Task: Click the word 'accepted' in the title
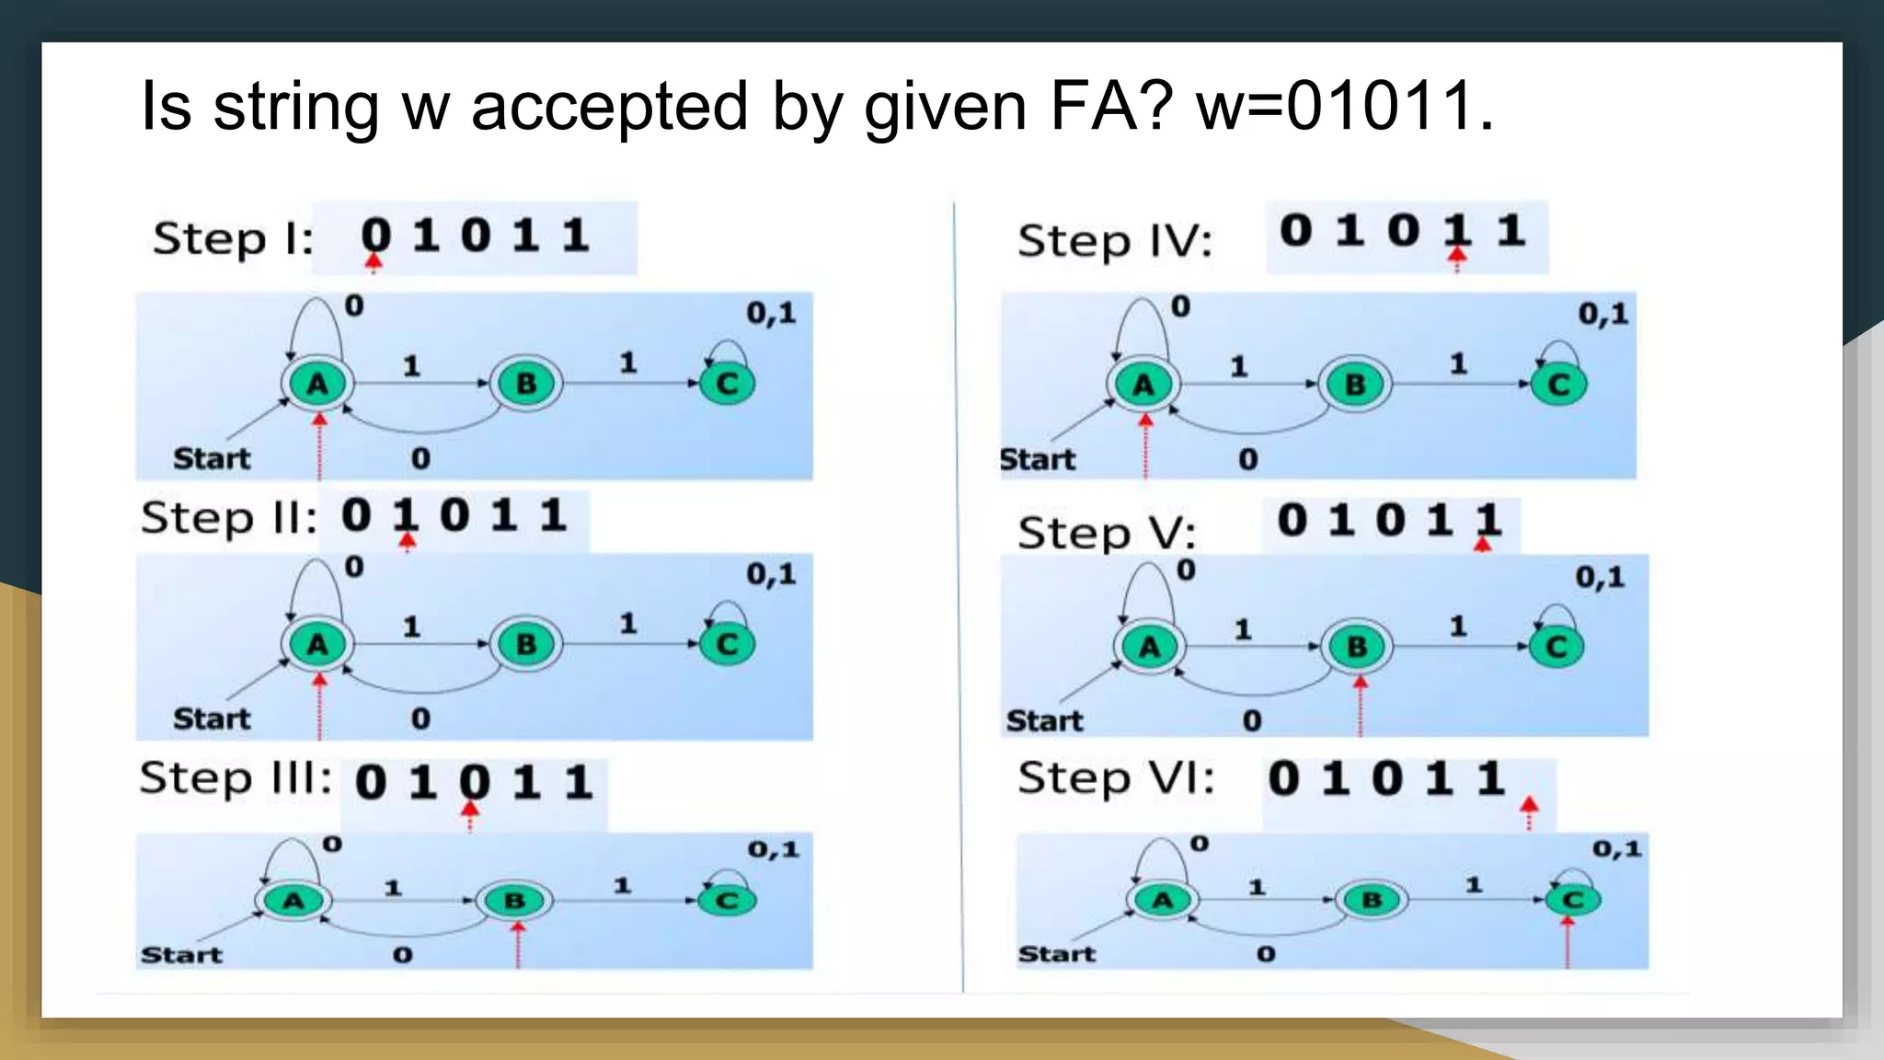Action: (x=609, y=108)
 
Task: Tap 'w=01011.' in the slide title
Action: (x=1344, y=106)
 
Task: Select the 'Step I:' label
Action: (x=233, y=239)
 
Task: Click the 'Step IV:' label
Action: (x=1115, y=242)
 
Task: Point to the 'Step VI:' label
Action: (x=1116, y=778)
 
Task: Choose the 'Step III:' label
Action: (x=235, y=778)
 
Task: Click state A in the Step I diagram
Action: (x=317, y=384)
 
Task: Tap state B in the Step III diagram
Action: (x=514, y=901)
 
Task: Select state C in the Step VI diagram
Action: (x=1573, y=899)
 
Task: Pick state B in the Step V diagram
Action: (x=1357, y=647)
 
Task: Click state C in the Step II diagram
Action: (x=727, y=644)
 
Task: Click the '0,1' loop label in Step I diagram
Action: (x=771, y=313)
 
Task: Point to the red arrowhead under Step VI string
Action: (x=1529, y=807)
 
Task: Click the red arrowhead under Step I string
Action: (x=373, y=262)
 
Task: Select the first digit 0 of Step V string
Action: (x=1292, y=521)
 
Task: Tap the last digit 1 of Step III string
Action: (x=578, y=783)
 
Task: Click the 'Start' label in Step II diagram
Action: (x=212, y=719)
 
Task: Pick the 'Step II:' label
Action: (x=228, y=518)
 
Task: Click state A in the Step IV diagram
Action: (x=1143, y=385)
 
